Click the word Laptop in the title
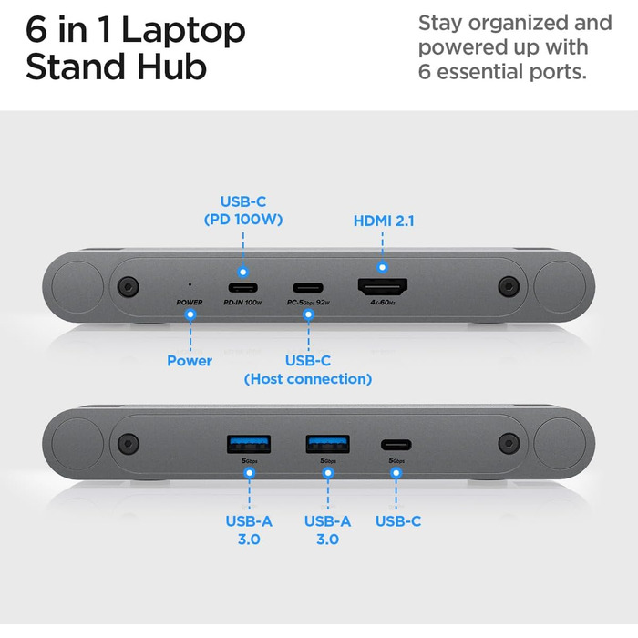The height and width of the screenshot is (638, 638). pyautogui.click(x=183, y=31)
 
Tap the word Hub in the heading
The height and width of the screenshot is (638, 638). pyautogui.click(x=170, y=67)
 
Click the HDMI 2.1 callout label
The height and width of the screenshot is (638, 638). pyautogui.click(x=384, y=221)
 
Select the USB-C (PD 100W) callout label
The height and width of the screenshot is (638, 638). pyautogui.click(x=243, y=210)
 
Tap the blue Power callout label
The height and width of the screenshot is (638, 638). pyautogui.click(x=190, y=360)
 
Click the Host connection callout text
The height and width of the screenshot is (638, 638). pyautogui.click(x=308, y=378)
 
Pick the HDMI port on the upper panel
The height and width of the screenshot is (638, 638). pyautogui.click(x=382, y=285)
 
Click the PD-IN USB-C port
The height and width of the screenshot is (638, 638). pyautogui.click(x=242, y=286)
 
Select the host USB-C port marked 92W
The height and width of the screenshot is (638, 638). pyautogui.click(x=308, y=286)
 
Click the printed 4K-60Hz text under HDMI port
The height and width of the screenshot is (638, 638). pyautogui.click(x=382, y=302)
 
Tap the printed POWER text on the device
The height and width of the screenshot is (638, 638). pyautogui.click(x=190, y=301)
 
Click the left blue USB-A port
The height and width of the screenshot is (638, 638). pyautogui.click(x=248, y=444)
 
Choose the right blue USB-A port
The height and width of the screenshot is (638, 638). pyautogui.click(x=327, y=444)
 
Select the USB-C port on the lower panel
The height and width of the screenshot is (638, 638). pyautogui.click(x=396, y=445)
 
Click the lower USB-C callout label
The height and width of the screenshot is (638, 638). pyautogui.click(x=398, y=521)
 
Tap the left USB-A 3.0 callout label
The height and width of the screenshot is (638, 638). pyautogui.click(x=248, y=530)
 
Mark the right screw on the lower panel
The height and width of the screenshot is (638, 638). pyautogui.click(x=507, y=444)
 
